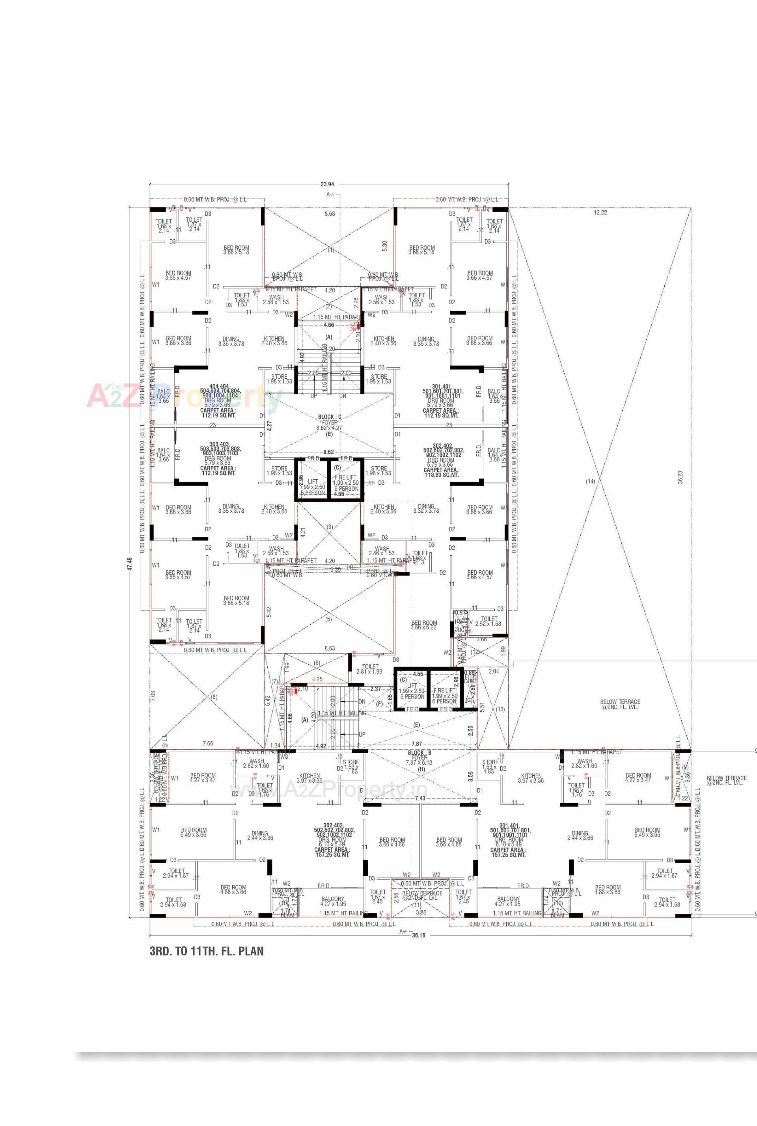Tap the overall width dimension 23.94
click(x=327, y=184)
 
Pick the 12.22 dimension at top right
click(x=600, y=212)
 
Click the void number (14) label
click(x=590, y=481)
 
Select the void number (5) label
click(x=329, y=619)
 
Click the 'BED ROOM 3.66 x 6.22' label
click(x=424, y=625)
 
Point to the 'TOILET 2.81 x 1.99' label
click(x=370, y=669)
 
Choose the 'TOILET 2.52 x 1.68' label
click(x=488, y=621)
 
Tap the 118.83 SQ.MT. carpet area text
click(x=441, y=475)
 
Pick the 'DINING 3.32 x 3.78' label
click(x=426, y=508)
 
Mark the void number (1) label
click(x=331, y=250)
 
